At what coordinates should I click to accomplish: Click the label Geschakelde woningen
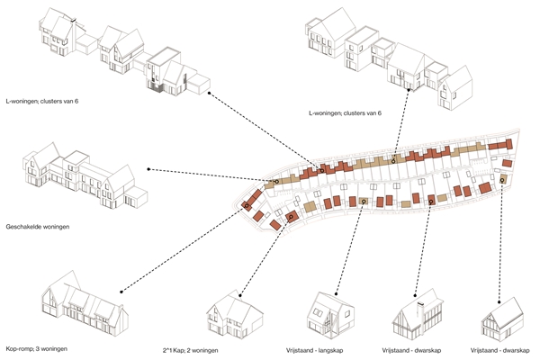tap(37, 227)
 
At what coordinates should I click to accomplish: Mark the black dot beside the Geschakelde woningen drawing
tap(148, 168)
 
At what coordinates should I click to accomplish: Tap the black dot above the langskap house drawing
tap(337, 292)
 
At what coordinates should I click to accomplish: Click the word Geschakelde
tap(24, 227)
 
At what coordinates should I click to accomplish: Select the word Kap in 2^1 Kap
tap(222, 348)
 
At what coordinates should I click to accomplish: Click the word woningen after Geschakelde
tap(57, 227)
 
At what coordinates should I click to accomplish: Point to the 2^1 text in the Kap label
tap(211, 348)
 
